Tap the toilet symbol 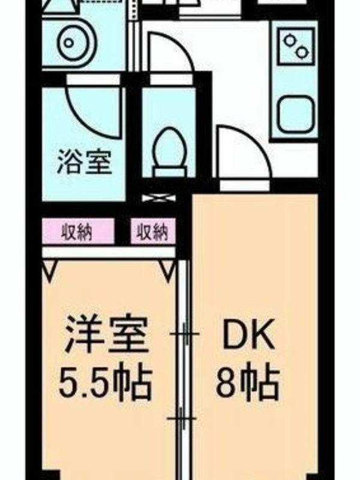tap(170, 152)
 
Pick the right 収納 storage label tap(152, 232)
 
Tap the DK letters tap(248, 336)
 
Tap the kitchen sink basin tap(296, 113)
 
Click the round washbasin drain tap(69, 43)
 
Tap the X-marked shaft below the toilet tap(159, 198)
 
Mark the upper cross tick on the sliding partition tap(185, 334)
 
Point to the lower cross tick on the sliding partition tap(182, 418)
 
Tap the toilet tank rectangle tap(170, 172)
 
